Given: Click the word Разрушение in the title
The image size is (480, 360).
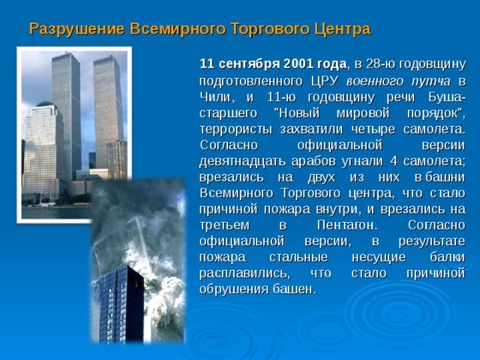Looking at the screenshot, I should coord(69,30).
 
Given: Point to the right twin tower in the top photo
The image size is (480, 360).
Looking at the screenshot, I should coord(106,112).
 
